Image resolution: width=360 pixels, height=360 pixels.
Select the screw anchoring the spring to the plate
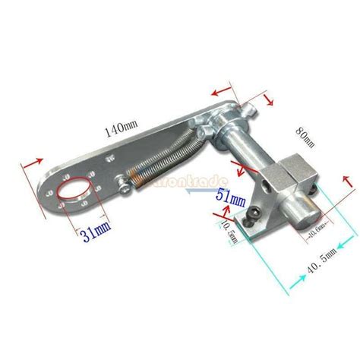pyautogui.click(x=120, y=178)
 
